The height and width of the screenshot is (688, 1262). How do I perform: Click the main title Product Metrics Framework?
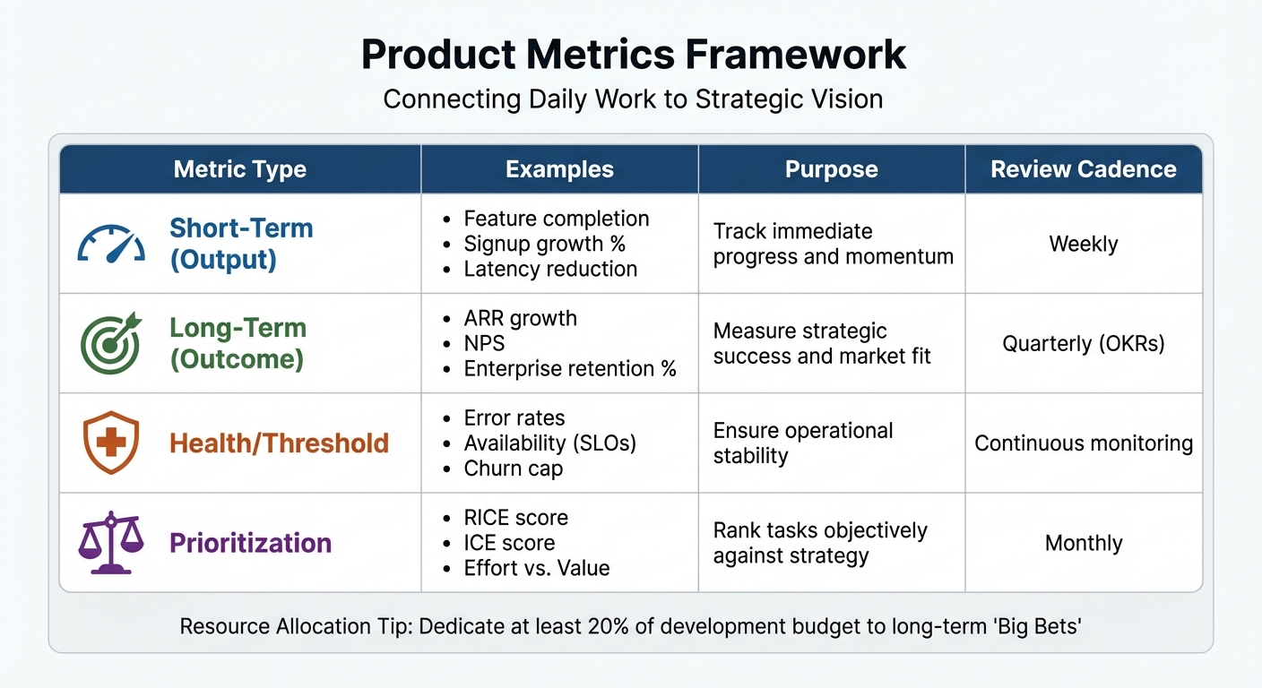pos(633,56)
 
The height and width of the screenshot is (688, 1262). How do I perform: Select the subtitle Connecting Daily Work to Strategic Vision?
pos(633,99)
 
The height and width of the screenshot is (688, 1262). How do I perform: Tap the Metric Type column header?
pos(240,169)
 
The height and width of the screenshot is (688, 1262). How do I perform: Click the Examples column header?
pos(559,169)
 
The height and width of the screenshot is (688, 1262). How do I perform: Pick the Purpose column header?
pos(831,169)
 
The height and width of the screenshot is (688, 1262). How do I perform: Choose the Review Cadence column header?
pos(1083,169)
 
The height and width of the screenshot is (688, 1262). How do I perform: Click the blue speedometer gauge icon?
pos(111,243)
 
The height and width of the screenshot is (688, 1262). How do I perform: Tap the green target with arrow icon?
pos(111,343)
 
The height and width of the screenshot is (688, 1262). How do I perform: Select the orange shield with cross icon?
pos(111,443)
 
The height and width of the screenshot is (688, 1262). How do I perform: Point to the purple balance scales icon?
pos(111,543)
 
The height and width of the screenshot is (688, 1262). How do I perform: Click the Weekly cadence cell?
pos(1083,244)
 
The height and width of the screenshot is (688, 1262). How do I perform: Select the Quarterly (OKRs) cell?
pos(1083,344)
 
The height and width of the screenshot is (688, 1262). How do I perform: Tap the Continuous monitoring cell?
pos(1083,443)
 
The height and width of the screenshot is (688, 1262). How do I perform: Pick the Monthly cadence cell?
pos(1083,543)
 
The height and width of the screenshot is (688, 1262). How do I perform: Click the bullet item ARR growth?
pos(520,319)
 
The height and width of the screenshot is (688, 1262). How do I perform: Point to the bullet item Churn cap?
pos(513,469)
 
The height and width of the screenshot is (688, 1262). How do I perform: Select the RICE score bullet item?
pos(515,518)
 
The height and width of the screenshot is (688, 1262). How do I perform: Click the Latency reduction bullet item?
pos(550,269)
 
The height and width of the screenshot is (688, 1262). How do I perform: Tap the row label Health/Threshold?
pos(279,443)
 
